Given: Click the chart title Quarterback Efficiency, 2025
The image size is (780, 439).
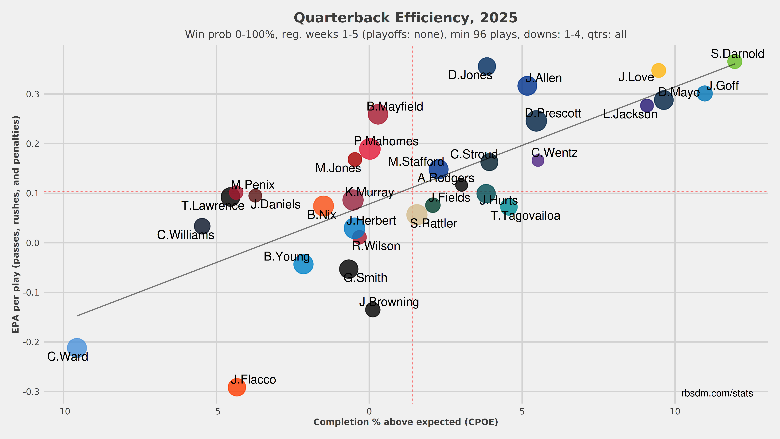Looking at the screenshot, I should click(406, 18).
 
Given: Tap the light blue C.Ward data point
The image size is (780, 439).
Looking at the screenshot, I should click(77, 348).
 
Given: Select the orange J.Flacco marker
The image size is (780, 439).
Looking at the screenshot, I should click(237, 387).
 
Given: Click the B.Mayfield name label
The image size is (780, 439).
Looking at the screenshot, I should click(395, 107).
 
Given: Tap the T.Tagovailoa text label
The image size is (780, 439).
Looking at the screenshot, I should click(525, 216).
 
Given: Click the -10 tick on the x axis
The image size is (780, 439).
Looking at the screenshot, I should click(63, 411).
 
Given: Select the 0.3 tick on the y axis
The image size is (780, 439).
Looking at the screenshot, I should click(33, 94).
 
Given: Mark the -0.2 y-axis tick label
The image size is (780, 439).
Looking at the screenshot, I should click(31, 342).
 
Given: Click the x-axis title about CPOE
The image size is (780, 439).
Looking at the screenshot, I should click(406, 422).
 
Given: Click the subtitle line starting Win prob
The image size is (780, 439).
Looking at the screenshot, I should click(406, 35).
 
